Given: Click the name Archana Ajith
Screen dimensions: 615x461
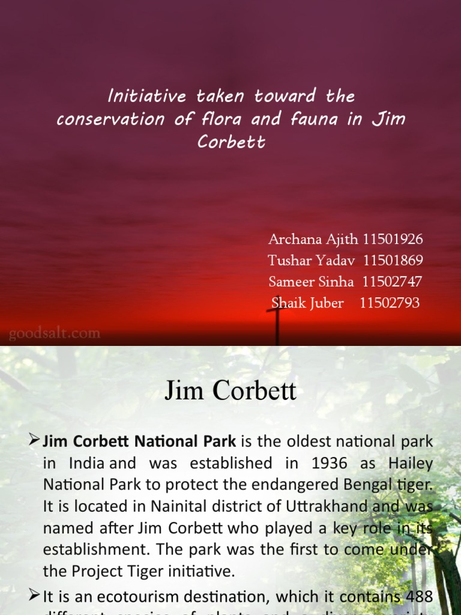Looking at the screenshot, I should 313,240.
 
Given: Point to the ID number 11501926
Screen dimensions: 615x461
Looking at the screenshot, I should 393,240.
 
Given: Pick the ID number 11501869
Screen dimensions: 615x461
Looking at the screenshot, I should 393,261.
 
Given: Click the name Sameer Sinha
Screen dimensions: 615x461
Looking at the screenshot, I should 312,282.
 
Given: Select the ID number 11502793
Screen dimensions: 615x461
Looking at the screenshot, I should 390,303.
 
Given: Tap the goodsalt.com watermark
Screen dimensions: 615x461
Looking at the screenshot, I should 54,333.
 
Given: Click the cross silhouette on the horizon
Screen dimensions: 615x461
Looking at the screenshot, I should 277,324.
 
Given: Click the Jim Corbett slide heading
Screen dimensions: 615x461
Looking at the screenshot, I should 230,391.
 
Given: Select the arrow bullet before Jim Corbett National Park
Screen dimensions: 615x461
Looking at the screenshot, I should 34,441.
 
